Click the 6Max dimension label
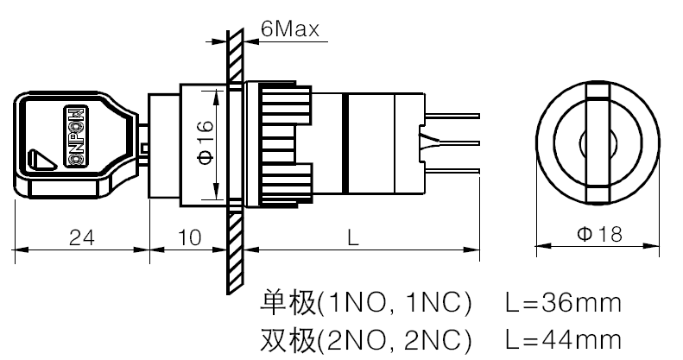pyautogui.click(x=289, y=28)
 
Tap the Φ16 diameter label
pyautogui.click(x=206, y=142)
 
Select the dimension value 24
pyautogui.click(x=82, y=237)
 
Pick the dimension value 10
pyautogui.click(x=189, y=237)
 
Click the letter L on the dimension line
pyautogui.click(x=353, y=237)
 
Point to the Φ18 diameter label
pyautogui.click(x=600, y=234)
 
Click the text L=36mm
pyautogui.click(x=563, y=303)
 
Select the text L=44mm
pyautogui.click(x=563, y=339)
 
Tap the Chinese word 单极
pyautogui.click(x=288, y=302)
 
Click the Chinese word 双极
pyautogui.click(x=288, y=339)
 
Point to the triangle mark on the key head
pyautogui.click(x=41, y=160)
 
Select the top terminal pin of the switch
pyautogui.click(x=452, y=116)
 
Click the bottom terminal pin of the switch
pyautogui.click(x=452, y=171)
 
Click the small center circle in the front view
pyautogui.click(x=598, y=142)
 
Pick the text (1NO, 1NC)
pyautogui.click(x=395, y=303)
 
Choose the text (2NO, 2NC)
pyautogui.click(x=395, y=339)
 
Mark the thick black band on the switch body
pyautogui.click(x=345, y=143)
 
